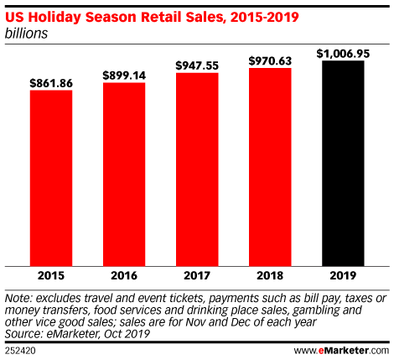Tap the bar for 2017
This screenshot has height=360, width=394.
(196, 169)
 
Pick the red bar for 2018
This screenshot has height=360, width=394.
(270, 166)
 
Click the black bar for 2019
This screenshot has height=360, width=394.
(342, 163)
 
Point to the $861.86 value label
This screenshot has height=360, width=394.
(51, 83)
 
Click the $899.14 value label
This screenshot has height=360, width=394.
(124, 75)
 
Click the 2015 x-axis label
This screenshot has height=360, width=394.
(51, 275)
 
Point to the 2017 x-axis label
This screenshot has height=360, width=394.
(196, 275)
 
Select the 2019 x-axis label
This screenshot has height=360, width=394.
(342, 275)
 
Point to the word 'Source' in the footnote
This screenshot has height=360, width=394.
(23, 333)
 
